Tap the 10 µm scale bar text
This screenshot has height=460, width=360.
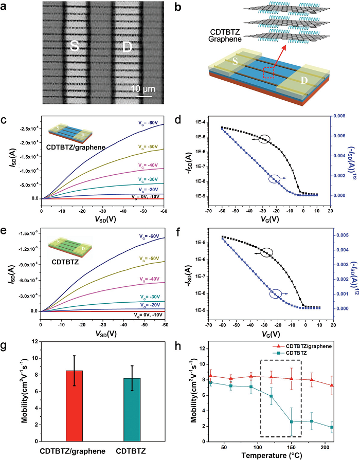tap(141, 88)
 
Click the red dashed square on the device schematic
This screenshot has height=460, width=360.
tap(268, 72)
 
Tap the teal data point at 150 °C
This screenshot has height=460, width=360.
tap(292, 421)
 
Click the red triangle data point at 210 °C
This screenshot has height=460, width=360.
tap(332, 385)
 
